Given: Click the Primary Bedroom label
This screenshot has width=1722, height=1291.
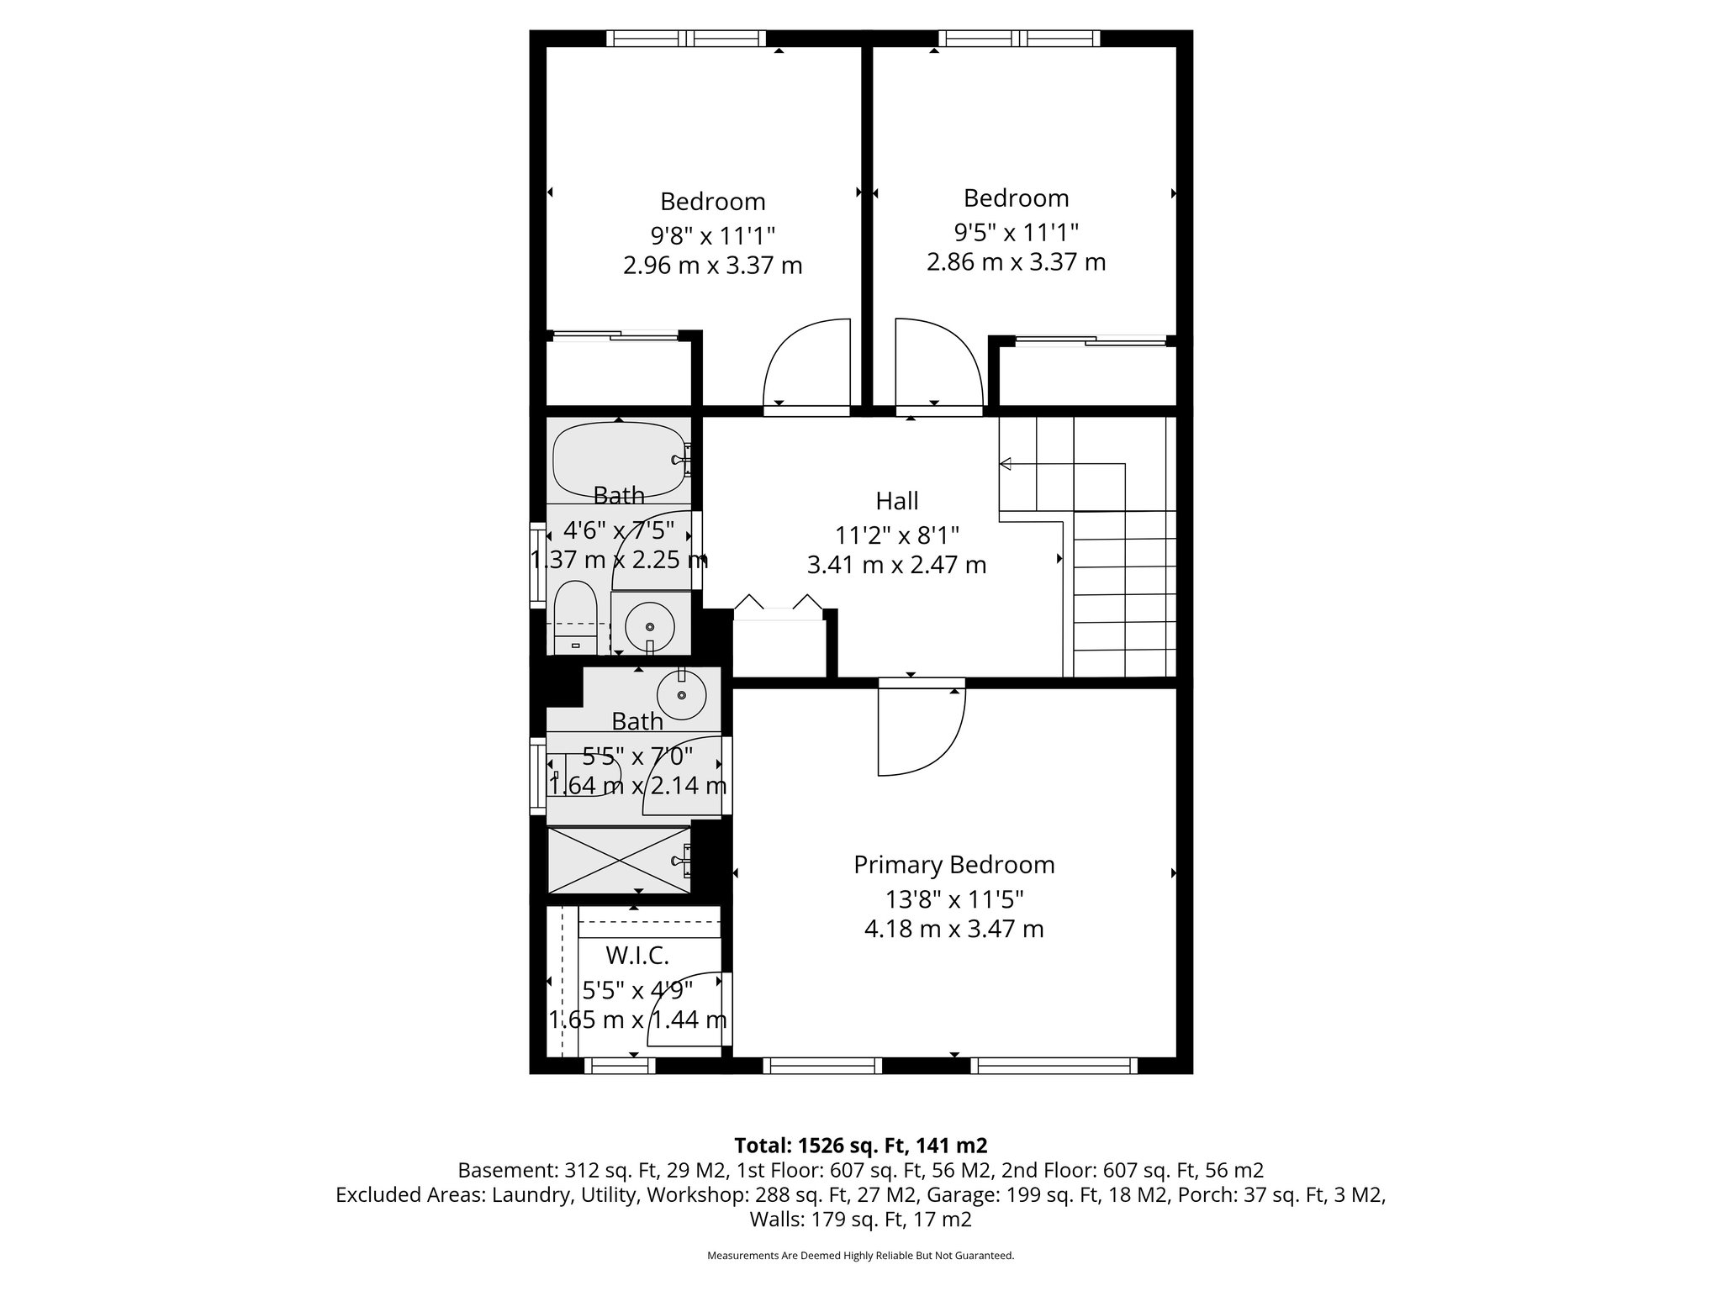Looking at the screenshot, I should point(953,865).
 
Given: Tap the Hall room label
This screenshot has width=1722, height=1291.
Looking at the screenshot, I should point(896,501).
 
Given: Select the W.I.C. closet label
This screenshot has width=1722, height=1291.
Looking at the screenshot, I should point(637,956).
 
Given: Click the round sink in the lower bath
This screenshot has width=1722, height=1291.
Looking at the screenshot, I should point(680,694).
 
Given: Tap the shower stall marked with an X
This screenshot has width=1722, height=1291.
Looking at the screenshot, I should point(618,860).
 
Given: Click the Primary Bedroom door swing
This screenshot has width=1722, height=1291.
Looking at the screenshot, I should point(921,731).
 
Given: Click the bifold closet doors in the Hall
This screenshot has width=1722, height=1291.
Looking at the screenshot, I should point(778,607).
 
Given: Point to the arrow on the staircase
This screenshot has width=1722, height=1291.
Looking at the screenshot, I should point(1006,463).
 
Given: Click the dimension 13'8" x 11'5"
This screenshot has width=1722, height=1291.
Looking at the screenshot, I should point(953,899).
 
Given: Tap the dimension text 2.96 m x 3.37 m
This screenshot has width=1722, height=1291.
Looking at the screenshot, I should point(712,266).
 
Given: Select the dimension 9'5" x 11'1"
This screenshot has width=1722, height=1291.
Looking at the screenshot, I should point(1016,231).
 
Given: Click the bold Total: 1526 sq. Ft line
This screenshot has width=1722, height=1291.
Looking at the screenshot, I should point(860,1146).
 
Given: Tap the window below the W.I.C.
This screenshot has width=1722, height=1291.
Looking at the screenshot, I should point(619,1066).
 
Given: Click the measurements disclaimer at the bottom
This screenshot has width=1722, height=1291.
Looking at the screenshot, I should point(860,1256).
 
